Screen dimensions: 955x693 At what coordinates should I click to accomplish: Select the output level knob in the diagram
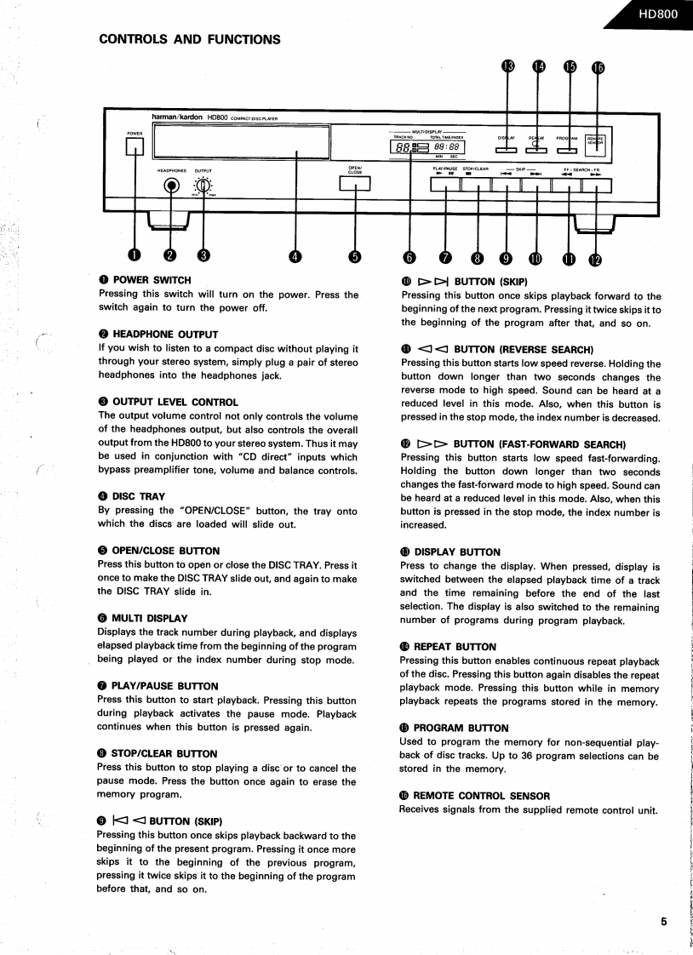tap(203, 188)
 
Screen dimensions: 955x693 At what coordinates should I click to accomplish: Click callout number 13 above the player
tap(508, 67)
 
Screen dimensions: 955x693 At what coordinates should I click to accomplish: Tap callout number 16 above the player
tap(598, 68)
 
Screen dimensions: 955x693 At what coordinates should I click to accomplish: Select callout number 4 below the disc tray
tap(295, 256)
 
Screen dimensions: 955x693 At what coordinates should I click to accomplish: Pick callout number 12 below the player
tap(595, 260)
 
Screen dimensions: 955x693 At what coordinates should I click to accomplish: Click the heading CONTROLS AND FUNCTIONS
tap(190, 39)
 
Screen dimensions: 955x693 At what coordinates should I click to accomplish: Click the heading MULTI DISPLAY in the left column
tap(149, 618)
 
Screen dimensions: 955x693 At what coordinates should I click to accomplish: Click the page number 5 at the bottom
tap(663, 919)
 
